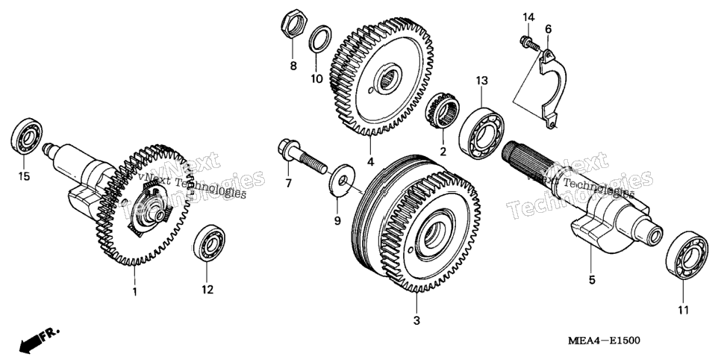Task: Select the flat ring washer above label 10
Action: click(319, 39)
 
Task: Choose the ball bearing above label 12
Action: click(209, 243)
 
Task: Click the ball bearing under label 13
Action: click(481, 132)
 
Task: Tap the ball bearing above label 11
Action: click(687, 255)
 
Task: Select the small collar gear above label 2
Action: click(443, 110)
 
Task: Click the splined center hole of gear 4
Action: click(387, 79)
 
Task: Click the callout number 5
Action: click(592, 280)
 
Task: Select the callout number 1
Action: click(134, 291)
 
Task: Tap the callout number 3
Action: click(416, 321)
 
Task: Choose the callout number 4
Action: click(369, 162)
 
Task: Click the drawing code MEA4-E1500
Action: click(604, 341)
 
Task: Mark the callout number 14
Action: click(528, 17)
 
